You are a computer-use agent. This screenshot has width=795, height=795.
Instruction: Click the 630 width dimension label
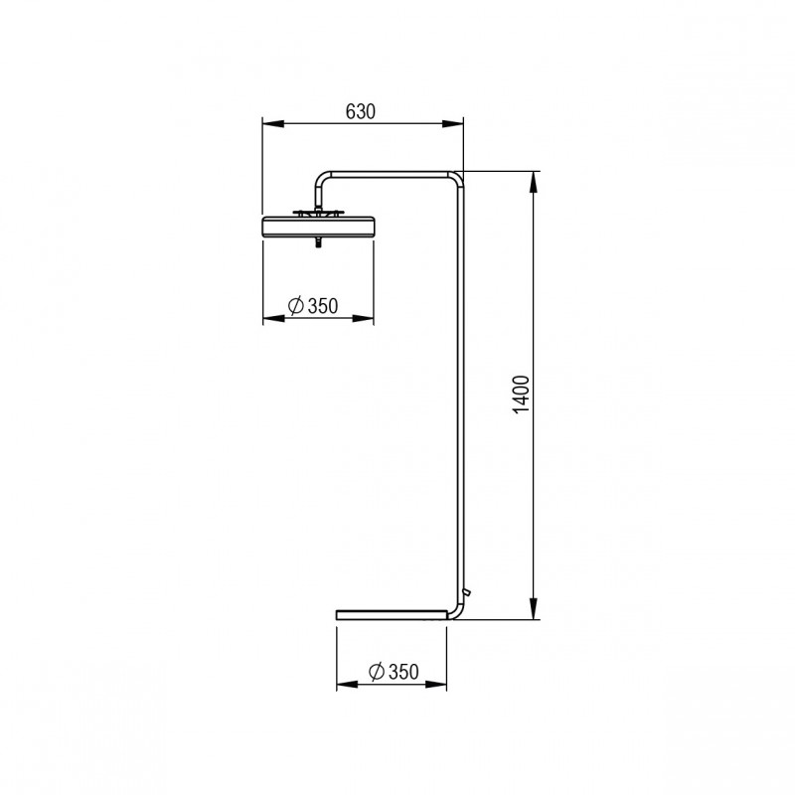point(360,111)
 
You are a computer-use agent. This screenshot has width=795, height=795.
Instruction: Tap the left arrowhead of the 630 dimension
point(268,123)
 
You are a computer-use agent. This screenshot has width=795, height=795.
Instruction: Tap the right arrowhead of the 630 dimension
point(457,123)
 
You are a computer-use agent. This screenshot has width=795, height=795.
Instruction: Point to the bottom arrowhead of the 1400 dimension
point(535,611)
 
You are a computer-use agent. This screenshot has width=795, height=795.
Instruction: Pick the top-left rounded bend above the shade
point(321,178)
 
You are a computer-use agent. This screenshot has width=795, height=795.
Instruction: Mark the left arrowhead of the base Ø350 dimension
point(344,684)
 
